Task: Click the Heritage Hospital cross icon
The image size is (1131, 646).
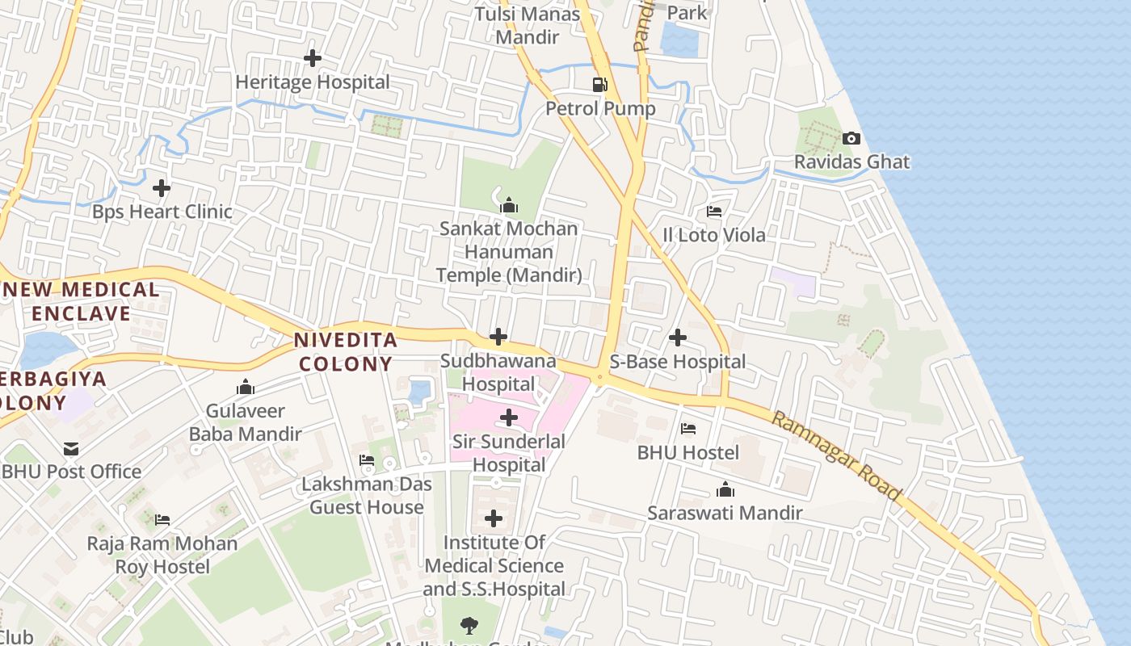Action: click(x=312, y=58)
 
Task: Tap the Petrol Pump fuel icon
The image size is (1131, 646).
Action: click(x=600, y=84)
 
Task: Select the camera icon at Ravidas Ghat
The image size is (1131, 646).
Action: click(x=851, y=138)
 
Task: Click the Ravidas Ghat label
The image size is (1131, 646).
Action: click(x=851, y=161)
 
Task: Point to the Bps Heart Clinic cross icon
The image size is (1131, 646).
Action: click(x=162, y=188)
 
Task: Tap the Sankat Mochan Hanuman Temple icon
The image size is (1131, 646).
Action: click(x=509, y=205)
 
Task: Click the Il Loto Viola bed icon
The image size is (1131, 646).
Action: click(x=714, y=212)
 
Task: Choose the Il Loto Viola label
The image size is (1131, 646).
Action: click(x=714, y=235)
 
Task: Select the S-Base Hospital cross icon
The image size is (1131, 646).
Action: click(x=678, y=338)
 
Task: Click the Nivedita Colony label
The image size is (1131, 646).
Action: click(x=346, y=351)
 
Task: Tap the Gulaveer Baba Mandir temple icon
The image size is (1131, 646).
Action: click(x=246, y=388)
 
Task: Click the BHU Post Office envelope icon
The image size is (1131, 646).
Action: click(x=72, y=448)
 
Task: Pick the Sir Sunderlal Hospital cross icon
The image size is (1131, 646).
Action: click(x=509, y=417)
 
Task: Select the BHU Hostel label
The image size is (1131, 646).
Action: click(x=688, y=452)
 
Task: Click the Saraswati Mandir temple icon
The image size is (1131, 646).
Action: click(x=725, y=489)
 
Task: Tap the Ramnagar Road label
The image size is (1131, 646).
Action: click(x=836, y=455)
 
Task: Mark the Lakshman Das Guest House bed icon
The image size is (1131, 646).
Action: click(x=367, y=460)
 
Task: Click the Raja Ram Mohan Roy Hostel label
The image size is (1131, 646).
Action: click(x=162, y=555)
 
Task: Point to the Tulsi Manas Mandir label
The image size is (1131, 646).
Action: click(x=528, y=25)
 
